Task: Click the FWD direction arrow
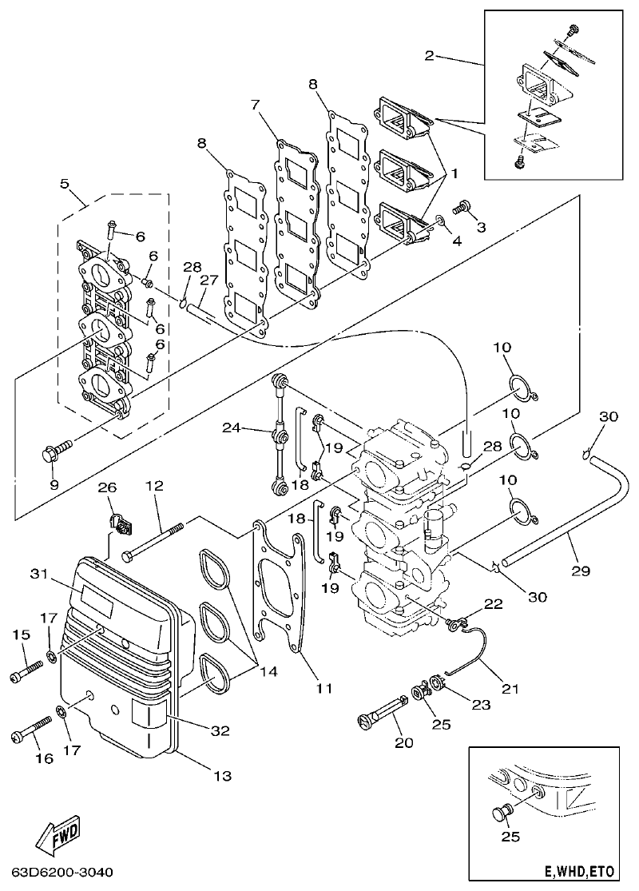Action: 56,837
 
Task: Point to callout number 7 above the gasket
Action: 256,105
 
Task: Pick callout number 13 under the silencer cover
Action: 221,774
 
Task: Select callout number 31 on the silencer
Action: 39,573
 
